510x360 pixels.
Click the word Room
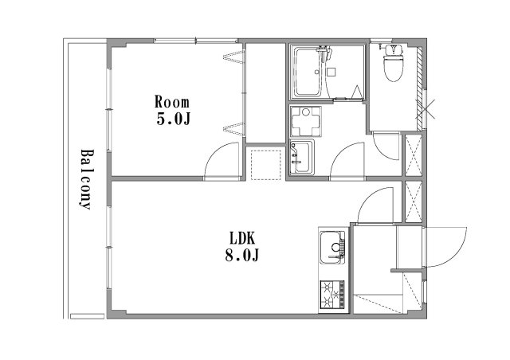(x=172, y=102)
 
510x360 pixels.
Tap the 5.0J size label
(x=173, y=119)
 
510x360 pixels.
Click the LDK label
(x=242, y=238)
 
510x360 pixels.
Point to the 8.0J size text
(x=242, y=255)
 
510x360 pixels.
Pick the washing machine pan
(x=306, y=121)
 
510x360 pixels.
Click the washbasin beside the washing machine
(x=302, y=158)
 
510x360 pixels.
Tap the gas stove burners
(x=332, y=295)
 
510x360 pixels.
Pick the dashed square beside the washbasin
(x=266, y=164)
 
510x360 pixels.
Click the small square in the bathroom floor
(x=331, y=72)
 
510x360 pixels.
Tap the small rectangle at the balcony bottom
(x=87, y=315)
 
